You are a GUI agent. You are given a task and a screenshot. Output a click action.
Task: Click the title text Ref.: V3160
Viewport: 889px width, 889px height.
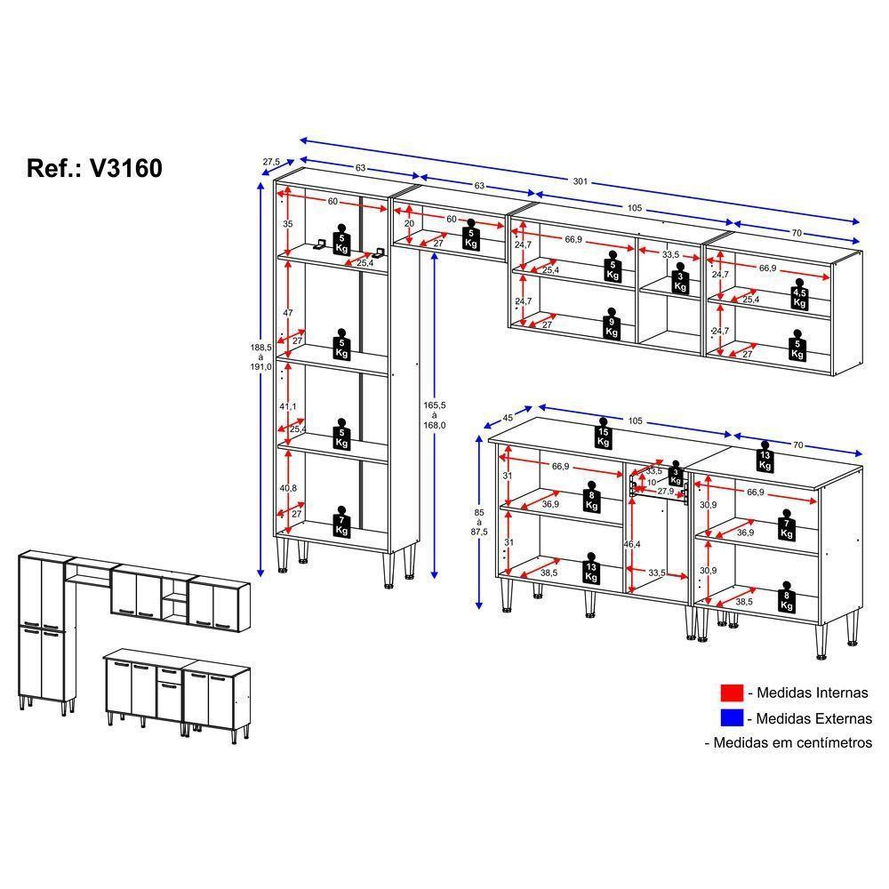coord(95,168)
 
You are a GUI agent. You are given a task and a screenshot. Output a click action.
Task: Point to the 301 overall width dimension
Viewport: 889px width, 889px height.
coord(581,181)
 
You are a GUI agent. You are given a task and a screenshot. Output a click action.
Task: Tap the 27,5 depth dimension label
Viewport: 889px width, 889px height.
coord(271,162)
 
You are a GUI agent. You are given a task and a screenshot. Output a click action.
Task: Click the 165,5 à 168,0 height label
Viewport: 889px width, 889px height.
coord(434,413)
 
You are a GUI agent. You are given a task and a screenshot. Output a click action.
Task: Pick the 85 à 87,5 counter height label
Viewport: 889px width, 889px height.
coord(481,523)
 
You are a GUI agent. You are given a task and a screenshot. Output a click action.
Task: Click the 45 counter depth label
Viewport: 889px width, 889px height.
coord(509,417)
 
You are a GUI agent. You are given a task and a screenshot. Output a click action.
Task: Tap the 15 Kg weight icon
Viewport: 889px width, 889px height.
coord(603,434)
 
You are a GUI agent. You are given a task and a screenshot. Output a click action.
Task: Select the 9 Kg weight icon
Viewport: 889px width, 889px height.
coord(612,326)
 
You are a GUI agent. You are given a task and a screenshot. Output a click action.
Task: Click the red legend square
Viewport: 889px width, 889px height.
coord(731,693)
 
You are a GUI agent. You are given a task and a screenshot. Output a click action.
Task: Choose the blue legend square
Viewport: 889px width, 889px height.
coord(731,717)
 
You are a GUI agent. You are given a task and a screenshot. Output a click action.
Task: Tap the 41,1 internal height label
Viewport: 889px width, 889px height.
coord(288,405)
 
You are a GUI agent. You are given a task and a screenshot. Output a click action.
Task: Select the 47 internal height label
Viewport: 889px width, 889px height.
coord(287,313)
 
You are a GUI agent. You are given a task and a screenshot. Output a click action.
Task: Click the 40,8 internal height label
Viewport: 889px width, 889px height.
coord(288,487)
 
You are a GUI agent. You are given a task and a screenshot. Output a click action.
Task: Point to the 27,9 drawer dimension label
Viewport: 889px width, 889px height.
coord(665,492)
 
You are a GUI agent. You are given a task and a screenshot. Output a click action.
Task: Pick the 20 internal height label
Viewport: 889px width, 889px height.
coord(408,224)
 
